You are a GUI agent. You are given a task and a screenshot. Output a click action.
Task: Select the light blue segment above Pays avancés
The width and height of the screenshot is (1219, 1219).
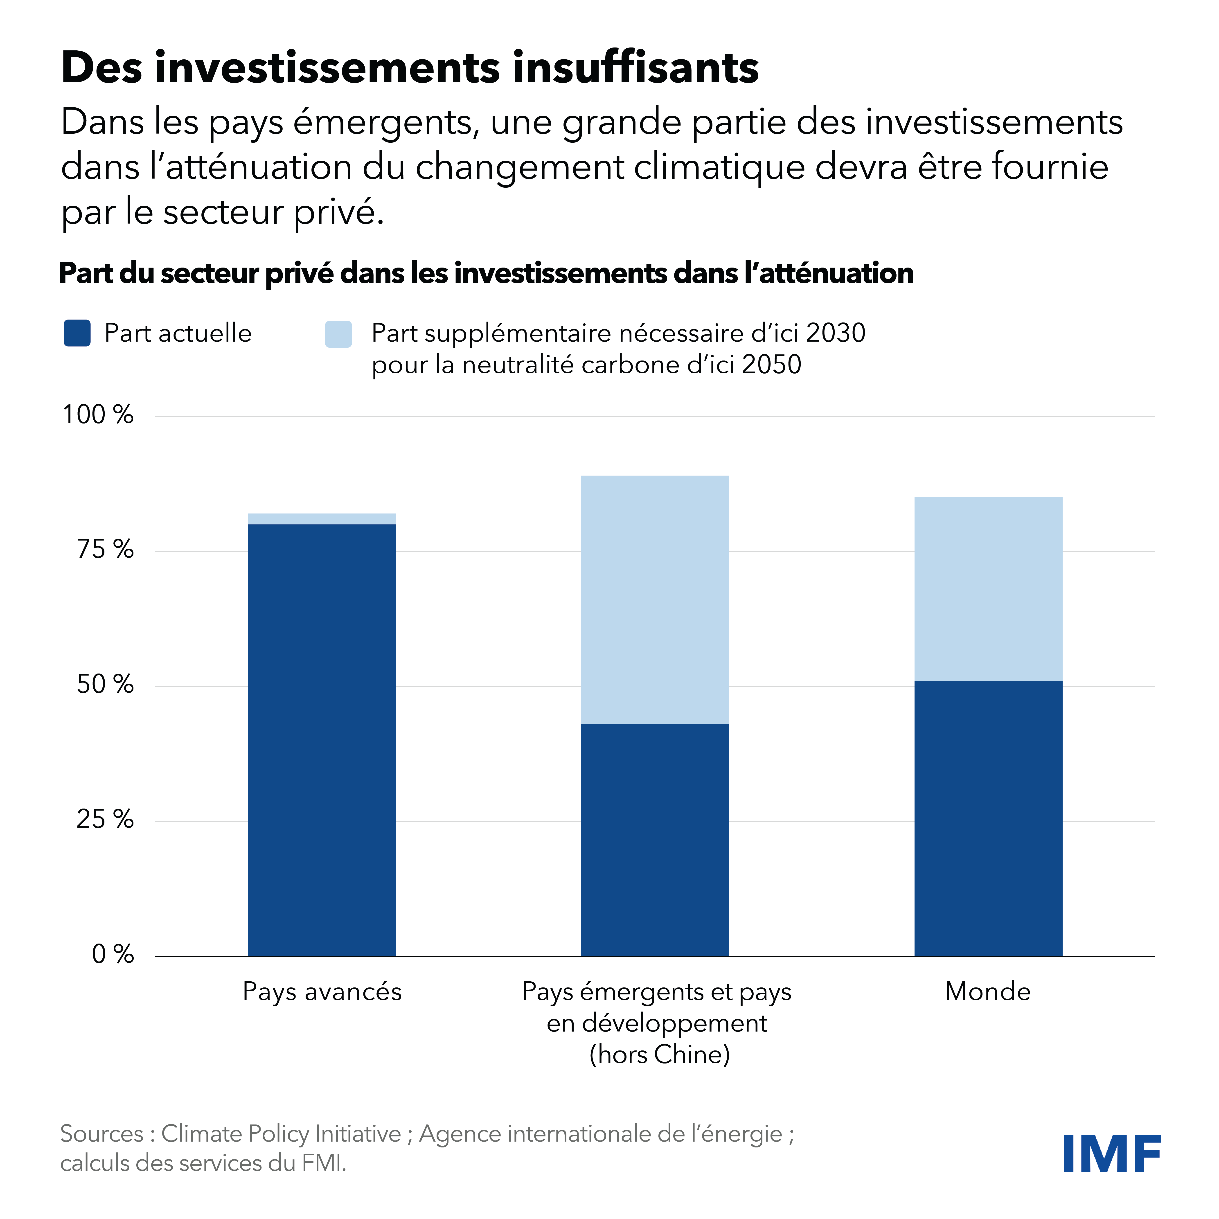tap(322, 519)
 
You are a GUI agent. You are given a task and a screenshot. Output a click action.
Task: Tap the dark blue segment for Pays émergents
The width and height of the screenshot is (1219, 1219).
tap(655, 839)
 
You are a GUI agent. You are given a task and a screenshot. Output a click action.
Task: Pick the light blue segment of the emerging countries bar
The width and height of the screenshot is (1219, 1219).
tap(655, 599)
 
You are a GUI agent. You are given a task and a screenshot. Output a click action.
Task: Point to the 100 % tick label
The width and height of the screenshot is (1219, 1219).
tap(98, 415)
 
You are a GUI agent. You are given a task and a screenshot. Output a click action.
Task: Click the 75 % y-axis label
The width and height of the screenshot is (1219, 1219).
tap(105, 550)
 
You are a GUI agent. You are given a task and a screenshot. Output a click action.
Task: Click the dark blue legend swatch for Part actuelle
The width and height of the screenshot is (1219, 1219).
tap(77, 333)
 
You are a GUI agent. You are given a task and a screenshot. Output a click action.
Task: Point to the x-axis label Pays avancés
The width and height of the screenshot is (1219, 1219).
tap(322, 992)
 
